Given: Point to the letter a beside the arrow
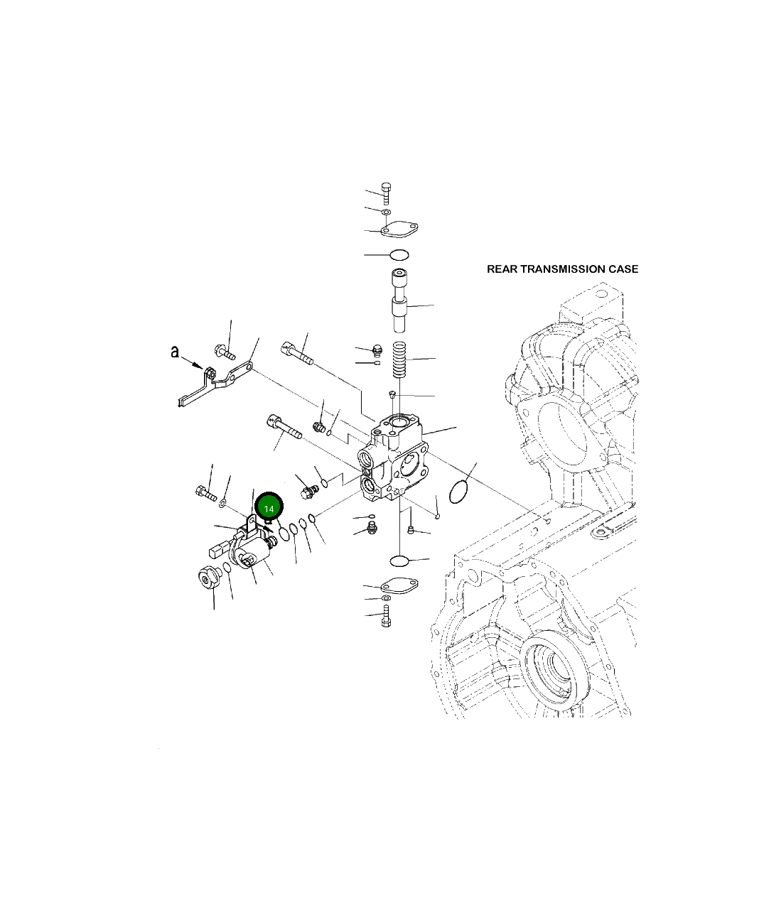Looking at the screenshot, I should [174, 352].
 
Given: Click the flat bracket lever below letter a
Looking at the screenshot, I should [213, 384].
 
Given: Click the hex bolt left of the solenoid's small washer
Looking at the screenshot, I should [205, 492].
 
